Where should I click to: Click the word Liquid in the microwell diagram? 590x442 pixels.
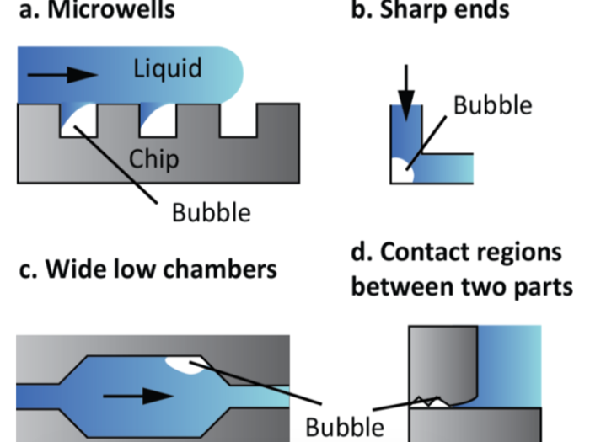[167, 68]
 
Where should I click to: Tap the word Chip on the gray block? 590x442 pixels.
[154, 157]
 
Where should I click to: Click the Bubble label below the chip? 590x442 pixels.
[211, 211]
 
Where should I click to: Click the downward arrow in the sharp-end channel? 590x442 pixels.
[406, 85]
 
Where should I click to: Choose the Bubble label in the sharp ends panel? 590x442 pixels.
[492, 105]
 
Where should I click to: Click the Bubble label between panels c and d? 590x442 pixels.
[344, 425]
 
